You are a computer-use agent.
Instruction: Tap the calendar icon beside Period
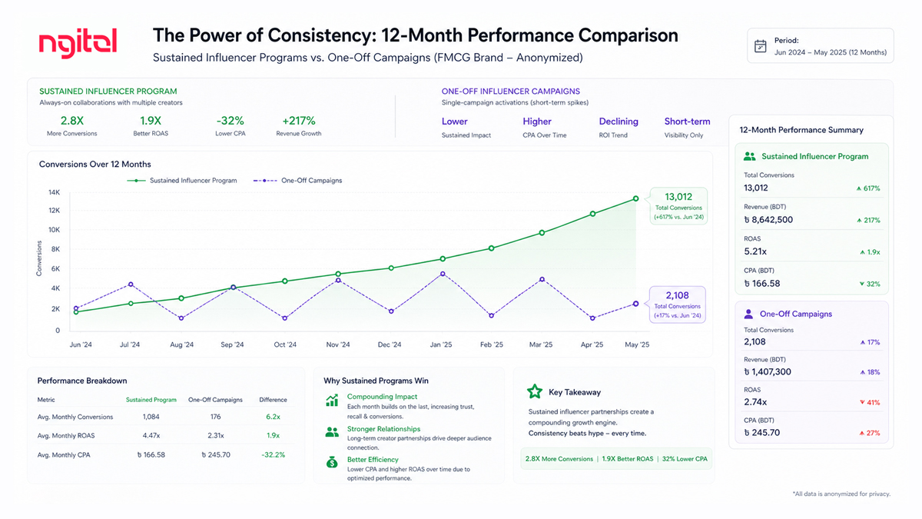(x=760, y=45)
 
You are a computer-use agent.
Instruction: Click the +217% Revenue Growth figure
(x=300, y=121)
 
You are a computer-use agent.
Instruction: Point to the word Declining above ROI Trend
(x=619, y=121)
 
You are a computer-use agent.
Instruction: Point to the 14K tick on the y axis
(x=54, y=192)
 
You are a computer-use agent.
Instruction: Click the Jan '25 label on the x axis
(x=441, y=345)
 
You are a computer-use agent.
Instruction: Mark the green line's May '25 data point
(x=635, y=198)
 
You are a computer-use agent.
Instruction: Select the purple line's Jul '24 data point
(x=131, y=284)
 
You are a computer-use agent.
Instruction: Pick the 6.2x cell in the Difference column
(x=273, y=417)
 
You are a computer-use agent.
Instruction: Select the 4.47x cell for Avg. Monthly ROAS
(x=151, y=436)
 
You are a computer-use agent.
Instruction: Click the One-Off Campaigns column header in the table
(x=215, y=400)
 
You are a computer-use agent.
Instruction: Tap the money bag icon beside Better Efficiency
(x=332, y=461)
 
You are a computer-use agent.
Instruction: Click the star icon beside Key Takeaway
(x=535, y=391)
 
